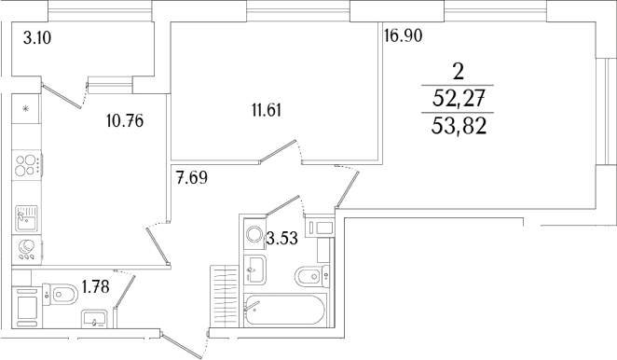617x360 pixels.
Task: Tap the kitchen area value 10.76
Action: click(x=125, y=119)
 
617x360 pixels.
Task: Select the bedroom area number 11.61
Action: click(x=266, y=110)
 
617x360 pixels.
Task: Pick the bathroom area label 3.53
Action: click(x=282, y=238)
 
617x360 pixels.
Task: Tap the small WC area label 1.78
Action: click(x=95, y=286)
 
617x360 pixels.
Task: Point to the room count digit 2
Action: click(x=457, y=71)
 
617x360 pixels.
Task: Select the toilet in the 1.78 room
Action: click(x=62, y=295)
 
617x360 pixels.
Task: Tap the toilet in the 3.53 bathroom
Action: click(x=307, y=276)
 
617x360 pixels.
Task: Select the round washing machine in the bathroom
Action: click(x=254, y=233)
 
